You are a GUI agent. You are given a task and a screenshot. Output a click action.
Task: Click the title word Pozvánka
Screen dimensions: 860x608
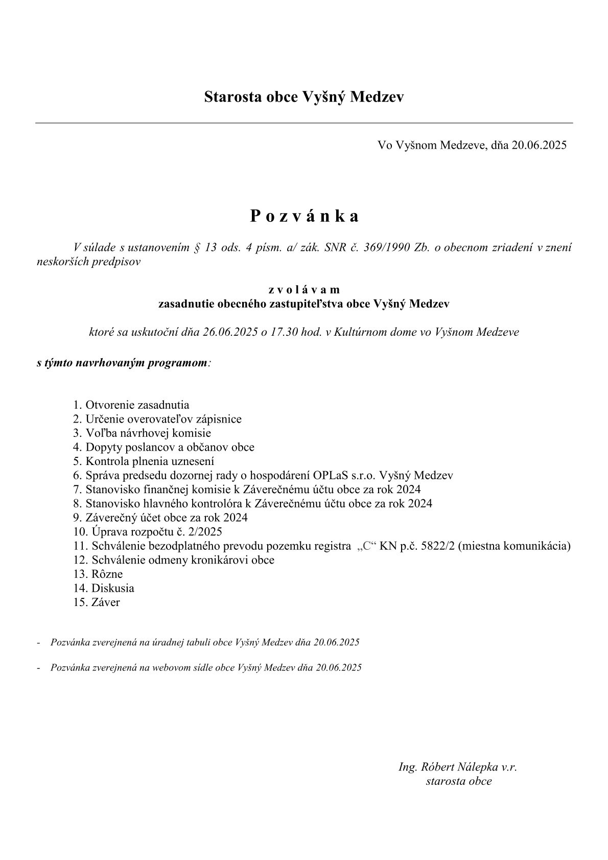click(304, 216)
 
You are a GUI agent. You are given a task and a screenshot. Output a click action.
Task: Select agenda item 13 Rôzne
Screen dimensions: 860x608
click(107, 574)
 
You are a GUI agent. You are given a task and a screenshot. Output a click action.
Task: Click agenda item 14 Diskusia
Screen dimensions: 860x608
click(112, 588)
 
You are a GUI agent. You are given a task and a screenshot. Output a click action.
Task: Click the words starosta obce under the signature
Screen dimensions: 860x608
click(459, 781)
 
